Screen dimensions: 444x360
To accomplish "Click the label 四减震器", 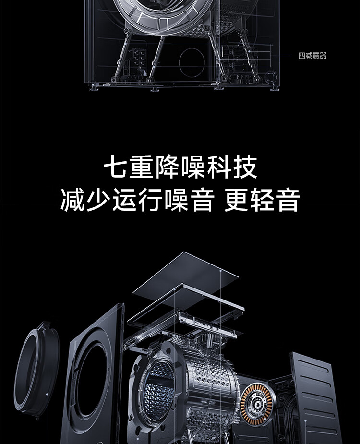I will pyautogui.click(x=312, y=56).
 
